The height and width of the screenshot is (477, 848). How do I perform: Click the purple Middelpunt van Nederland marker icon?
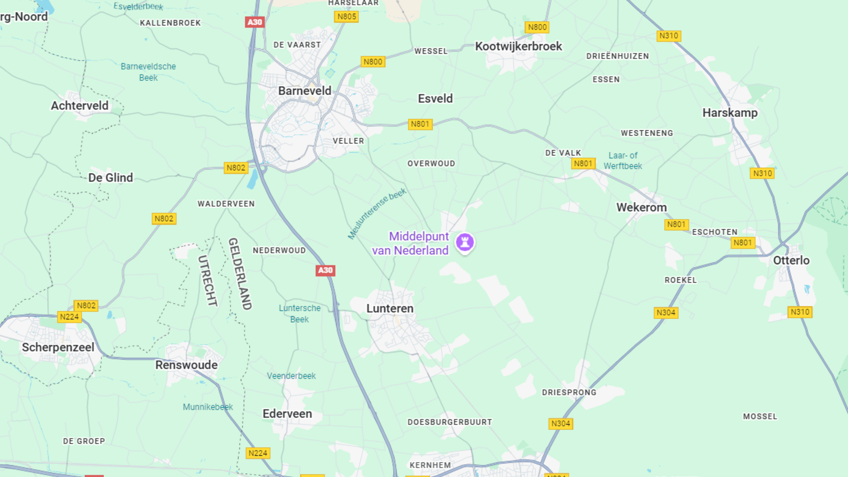click(x=465, y=242)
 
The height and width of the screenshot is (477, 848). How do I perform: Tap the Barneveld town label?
click(x=304, y=91)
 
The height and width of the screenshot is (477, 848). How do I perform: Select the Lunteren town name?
click(x=390, y=308)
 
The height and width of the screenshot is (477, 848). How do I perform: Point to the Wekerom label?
click(x=641, y=208)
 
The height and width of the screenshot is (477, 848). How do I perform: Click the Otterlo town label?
click(x=791, y=261)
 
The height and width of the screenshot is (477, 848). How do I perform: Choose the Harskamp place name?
click(x=730, y=113)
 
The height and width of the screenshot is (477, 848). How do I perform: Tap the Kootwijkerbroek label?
click(x=518, y=46)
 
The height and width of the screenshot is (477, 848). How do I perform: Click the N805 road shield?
click(x=346, y=17)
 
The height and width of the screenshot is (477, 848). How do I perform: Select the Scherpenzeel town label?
click(x=58, y=348)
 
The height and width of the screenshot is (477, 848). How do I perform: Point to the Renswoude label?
click(x=186, y=365)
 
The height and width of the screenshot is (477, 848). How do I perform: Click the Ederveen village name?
click(x=287, y=414)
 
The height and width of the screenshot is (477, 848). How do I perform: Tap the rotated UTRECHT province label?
click(x=208, y=280)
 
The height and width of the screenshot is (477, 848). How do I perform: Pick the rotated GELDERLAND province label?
click(x=240, y=274)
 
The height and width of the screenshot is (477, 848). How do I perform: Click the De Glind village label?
click(x=110, y=178)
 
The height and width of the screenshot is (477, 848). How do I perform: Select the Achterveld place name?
click(x=79, y=106)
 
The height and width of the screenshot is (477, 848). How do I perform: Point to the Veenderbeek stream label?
click(x=291, y=376)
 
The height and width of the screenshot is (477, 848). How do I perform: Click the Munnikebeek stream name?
click(x=208, y=407)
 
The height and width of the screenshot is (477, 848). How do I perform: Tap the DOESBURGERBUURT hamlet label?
click(x=450, y=422)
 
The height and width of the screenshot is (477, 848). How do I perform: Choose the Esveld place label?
click(x=435, y=98)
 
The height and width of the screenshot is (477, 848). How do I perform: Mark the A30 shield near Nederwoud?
click(x=325, y=270)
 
